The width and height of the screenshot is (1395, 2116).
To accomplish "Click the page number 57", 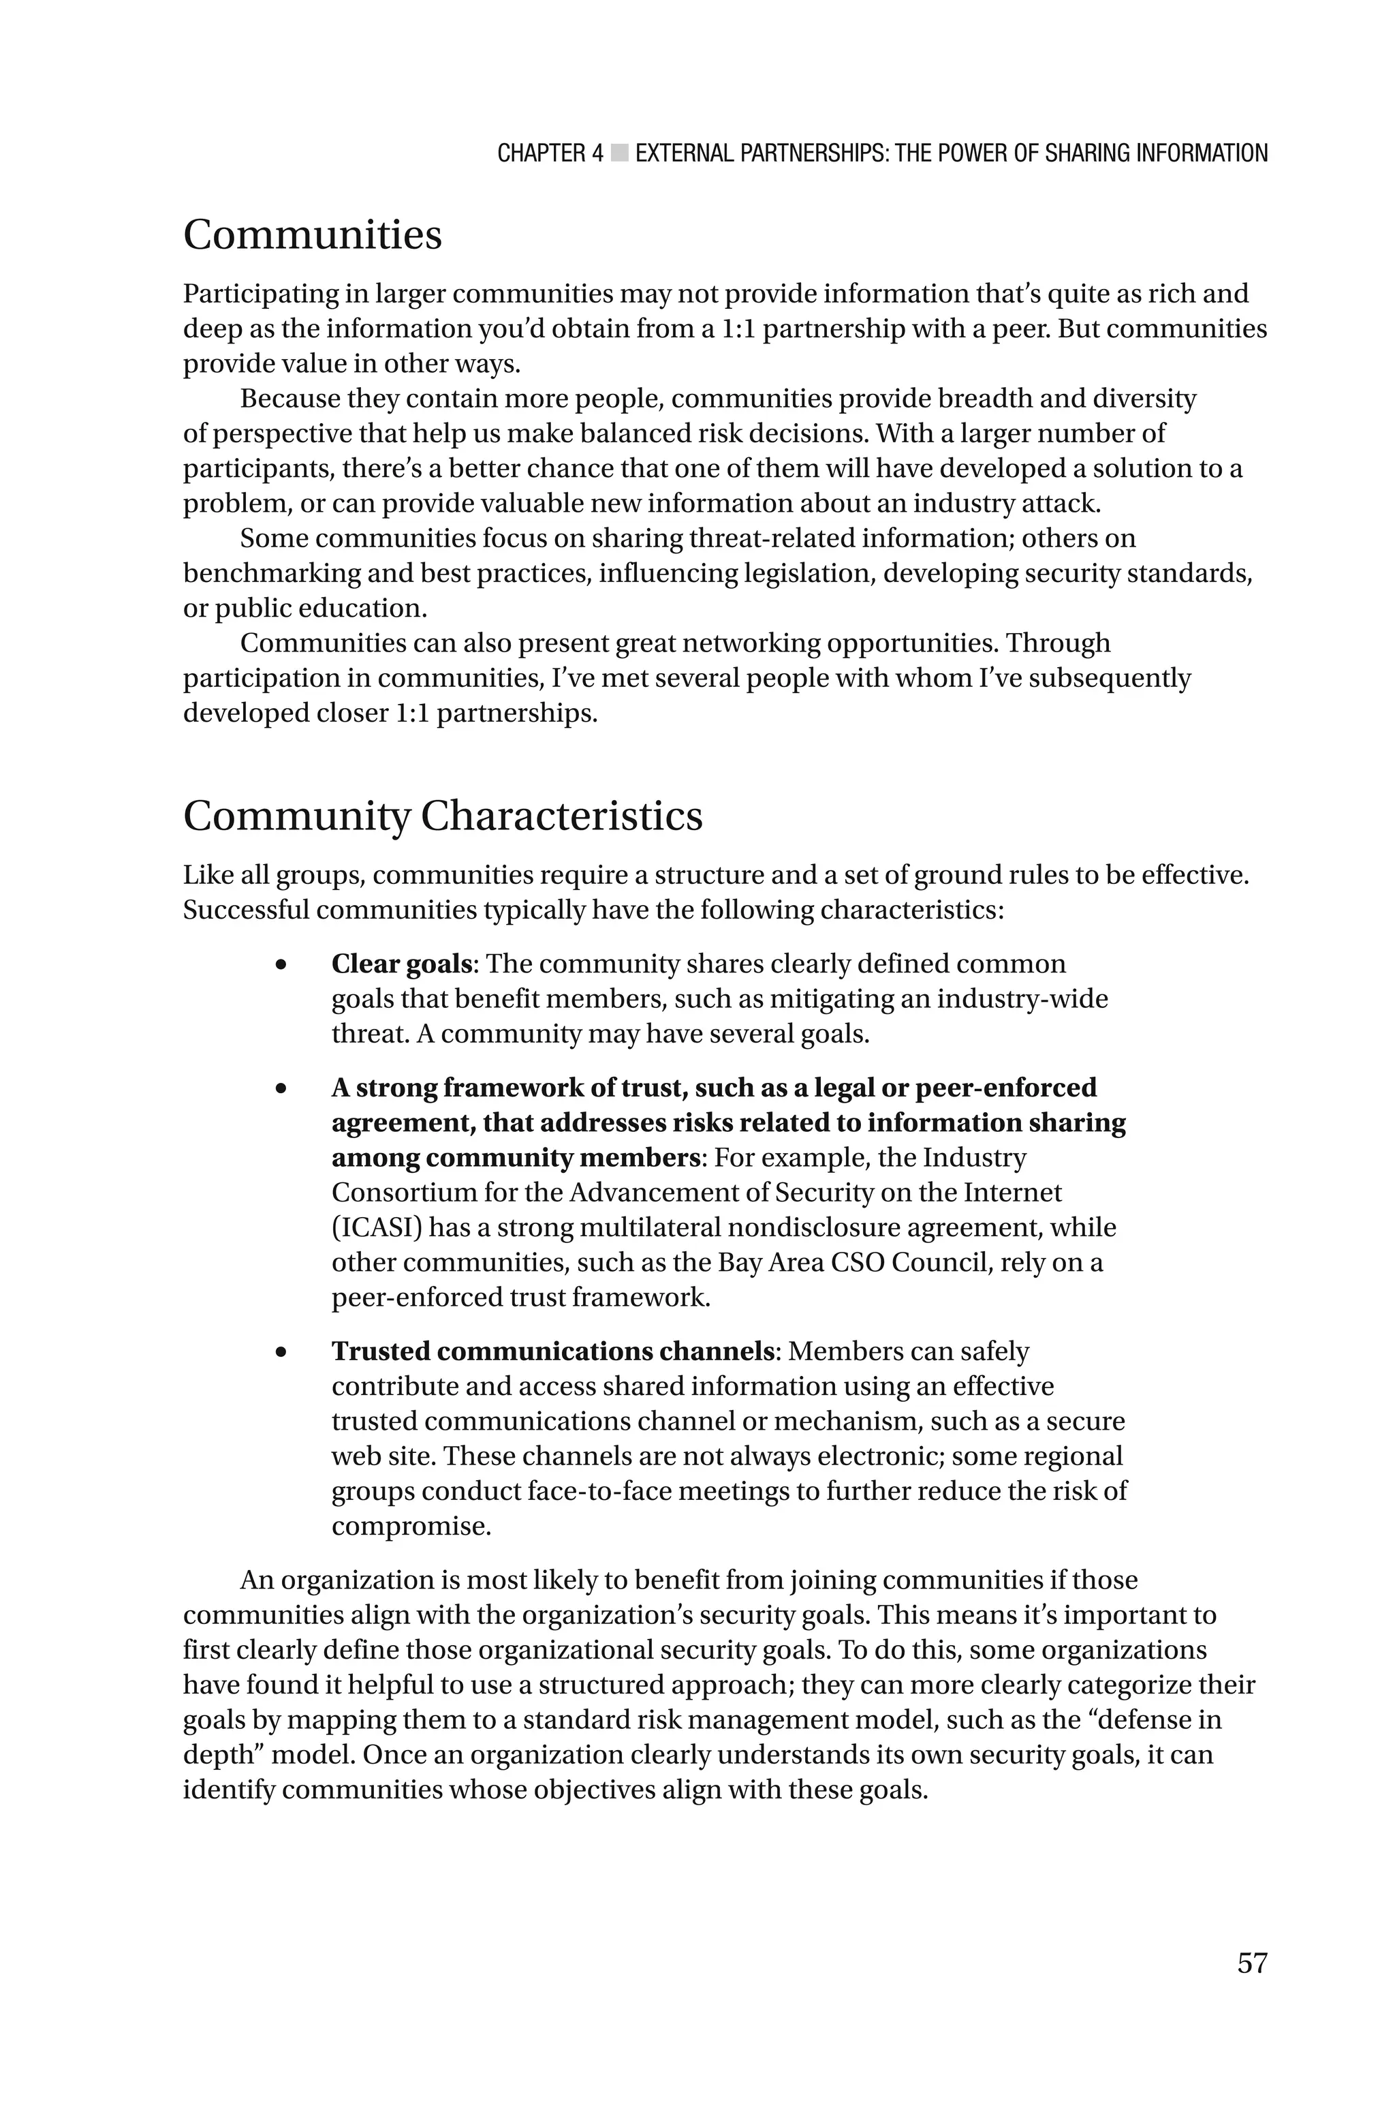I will (1251, 1963).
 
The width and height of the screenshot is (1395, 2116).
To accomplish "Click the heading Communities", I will (312, 236).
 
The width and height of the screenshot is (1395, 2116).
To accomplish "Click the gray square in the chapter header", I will (620, 153).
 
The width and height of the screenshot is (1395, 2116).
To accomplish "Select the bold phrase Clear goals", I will (401, 964).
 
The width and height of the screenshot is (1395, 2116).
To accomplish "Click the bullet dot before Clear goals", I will (281, 964).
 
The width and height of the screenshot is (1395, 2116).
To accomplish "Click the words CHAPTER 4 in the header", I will (550, 153).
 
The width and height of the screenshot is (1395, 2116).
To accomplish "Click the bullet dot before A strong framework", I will (281, 1088).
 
